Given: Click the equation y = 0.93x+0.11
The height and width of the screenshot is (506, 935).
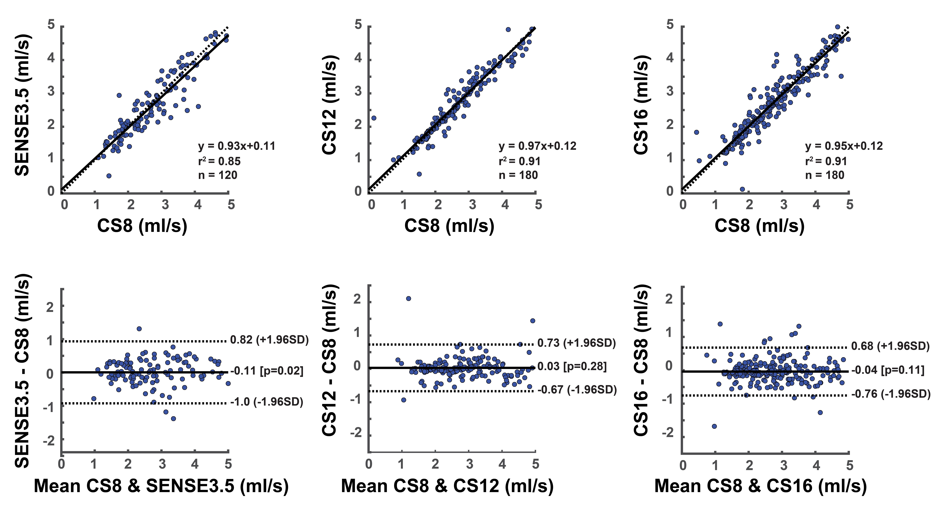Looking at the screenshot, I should [x=237, y=146].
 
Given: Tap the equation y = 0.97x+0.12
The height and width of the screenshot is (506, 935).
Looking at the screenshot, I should [x=537, y=146].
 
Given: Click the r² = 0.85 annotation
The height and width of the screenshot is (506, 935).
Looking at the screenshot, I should [x=219, y=161].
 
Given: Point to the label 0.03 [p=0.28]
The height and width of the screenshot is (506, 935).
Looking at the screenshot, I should [x=572, y=366].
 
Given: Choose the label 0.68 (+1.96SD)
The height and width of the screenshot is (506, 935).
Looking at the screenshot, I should [x=890, y=346].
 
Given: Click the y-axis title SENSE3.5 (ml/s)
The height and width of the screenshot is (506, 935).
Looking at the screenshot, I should [x=22, y=105].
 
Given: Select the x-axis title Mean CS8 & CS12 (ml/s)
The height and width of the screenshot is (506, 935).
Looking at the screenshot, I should [x=447, y=486].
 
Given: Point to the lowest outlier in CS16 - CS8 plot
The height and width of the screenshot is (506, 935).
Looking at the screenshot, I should [x=714, y=426].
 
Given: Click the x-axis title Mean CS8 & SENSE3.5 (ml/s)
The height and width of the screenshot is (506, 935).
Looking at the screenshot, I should [x=161, y=486].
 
